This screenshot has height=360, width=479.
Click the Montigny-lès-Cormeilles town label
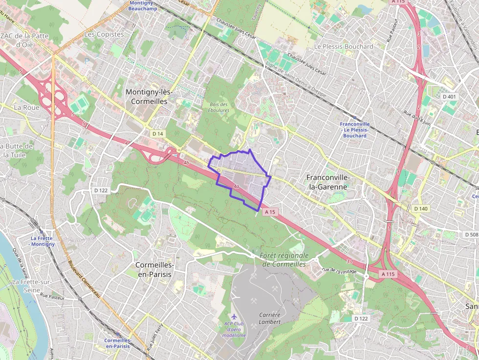[146, 97]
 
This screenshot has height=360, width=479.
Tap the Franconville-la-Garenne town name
[327, 182]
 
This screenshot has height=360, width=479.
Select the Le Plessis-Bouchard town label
[343, 46]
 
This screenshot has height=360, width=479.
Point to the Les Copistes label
[104, 34]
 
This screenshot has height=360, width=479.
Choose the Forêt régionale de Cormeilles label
[285, 260]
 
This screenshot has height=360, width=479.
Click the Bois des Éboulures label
[218, 107]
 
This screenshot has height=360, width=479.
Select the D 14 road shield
[157, 133]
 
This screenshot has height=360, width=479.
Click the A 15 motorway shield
[270, 212]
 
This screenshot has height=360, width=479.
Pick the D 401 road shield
[449, 97]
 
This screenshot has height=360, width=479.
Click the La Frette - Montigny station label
[42, 241]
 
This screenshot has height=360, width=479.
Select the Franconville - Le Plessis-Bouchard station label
[355, 130]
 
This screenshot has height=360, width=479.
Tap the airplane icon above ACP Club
[234, 317]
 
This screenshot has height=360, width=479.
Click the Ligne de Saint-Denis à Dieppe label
[300, 81]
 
